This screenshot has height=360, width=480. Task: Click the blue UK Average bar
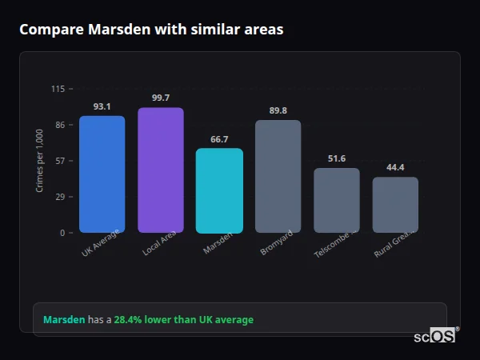click(x=102, y=174)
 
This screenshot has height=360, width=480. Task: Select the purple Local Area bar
click(x=160, y=170)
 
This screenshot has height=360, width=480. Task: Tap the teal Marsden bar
click(x=219, y=190)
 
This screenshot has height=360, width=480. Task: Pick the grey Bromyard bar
click(x=278, y=177)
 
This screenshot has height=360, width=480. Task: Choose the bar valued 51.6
click(x=337, y=201)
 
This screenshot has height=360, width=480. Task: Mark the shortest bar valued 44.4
click(x=395, y=205)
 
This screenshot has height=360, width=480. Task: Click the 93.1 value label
click(x=102, y=106)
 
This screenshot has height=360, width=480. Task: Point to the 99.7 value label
click(x=160, y=98)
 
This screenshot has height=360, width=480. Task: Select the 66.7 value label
click(x=219, y=139)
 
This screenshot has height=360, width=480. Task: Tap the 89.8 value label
click(x=278, y=110)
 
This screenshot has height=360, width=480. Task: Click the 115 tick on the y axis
click(x=58, y=89)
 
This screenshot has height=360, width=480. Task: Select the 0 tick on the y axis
click(x=62, y=233)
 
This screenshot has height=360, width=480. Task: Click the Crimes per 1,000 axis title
click(x=40, y=160)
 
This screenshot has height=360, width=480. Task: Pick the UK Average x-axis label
click(x=100, y=243)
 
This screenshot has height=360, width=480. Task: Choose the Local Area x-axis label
click(x=159, y=243)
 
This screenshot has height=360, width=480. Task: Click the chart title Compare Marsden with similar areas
click(x=151, y=30)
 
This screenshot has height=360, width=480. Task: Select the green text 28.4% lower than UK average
click(x=183, y=320)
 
